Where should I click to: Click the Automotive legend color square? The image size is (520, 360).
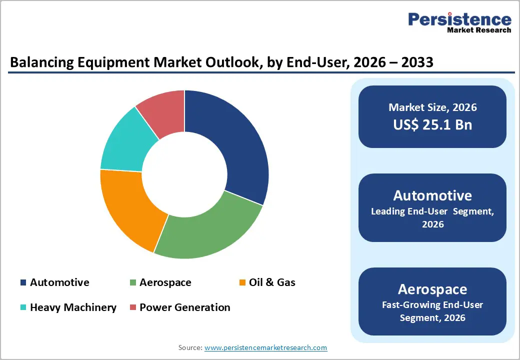[x=23, y=282]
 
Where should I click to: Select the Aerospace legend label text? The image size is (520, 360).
[x=165, y=282]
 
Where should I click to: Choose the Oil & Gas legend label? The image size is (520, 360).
[x=272, y=282]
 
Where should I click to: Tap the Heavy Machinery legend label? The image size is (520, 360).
[x=73, y=307]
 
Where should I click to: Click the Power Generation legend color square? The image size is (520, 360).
[x=132, y=307]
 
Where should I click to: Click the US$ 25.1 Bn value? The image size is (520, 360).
[x=432, y=124]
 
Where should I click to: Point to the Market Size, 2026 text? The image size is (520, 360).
[x=432, y=107]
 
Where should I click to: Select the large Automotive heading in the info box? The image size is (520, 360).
[x=432, y=195]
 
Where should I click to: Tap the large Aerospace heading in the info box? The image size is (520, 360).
[x=432, y=289]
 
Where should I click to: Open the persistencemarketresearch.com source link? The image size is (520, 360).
[x=265, y=347]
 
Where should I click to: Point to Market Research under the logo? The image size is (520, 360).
[x=479, y=30]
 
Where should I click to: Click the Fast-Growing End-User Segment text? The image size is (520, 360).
[x=432, y=311]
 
